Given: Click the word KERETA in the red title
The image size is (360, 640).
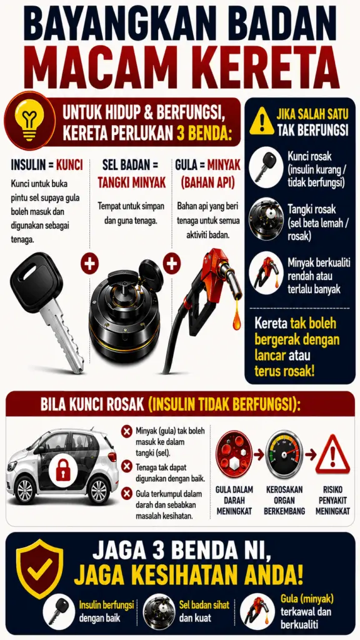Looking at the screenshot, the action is [259, 66].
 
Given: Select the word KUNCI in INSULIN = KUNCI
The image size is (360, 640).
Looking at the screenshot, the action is [69, 165].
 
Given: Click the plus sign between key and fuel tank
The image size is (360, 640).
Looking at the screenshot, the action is [89, 263].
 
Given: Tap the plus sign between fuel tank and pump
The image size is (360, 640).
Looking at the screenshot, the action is [172, 263].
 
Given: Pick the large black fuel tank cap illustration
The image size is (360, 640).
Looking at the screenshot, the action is [126, 310].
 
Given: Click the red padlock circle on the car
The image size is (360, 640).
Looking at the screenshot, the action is [63, 470].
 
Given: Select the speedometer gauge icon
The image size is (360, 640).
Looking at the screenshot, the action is [284, 454].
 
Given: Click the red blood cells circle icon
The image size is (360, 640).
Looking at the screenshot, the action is [234, 454].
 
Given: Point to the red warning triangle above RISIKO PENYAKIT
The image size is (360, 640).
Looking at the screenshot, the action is [332, 455].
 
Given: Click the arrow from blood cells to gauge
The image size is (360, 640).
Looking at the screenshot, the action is [259, 454].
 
